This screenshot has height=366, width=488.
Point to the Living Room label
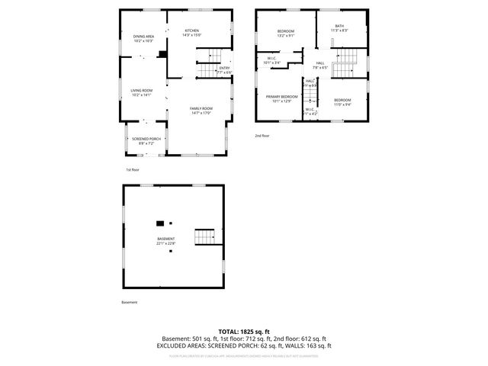[141, 93]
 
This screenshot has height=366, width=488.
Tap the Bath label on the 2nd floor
[339, 28]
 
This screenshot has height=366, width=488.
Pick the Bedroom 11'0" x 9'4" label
[342, 102]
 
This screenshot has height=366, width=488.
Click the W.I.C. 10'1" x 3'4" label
[272, 60]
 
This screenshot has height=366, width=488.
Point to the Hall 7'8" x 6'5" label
[319, 65]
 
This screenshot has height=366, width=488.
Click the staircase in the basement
[205, 236]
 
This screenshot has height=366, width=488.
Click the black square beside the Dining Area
[162, 54]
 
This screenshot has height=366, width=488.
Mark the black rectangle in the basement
[160, 223]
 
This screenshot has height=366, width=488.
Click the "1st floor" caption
[133, 169]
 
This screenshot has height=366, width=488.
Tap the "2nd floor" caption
[262, 136]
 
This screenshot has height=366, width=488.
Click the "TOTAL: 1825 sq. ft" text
[243, 332]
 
